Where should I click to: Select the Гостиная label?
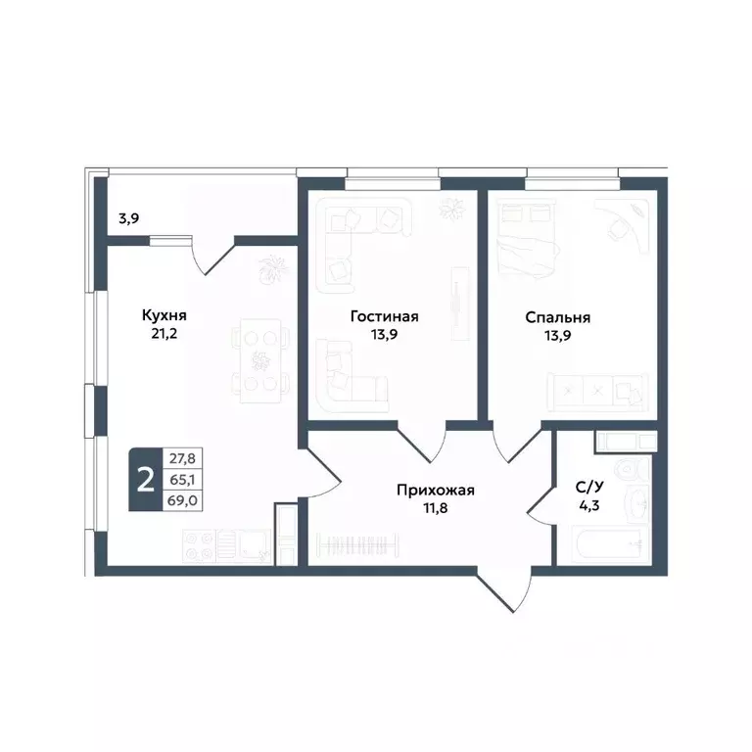(x=385, y=316)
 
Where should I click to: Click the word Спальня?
(x=557, y=317)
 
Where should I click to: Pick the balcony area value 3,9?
(x=129, y=218)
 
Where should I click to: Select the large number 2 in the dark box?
(x=146, y=480)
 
